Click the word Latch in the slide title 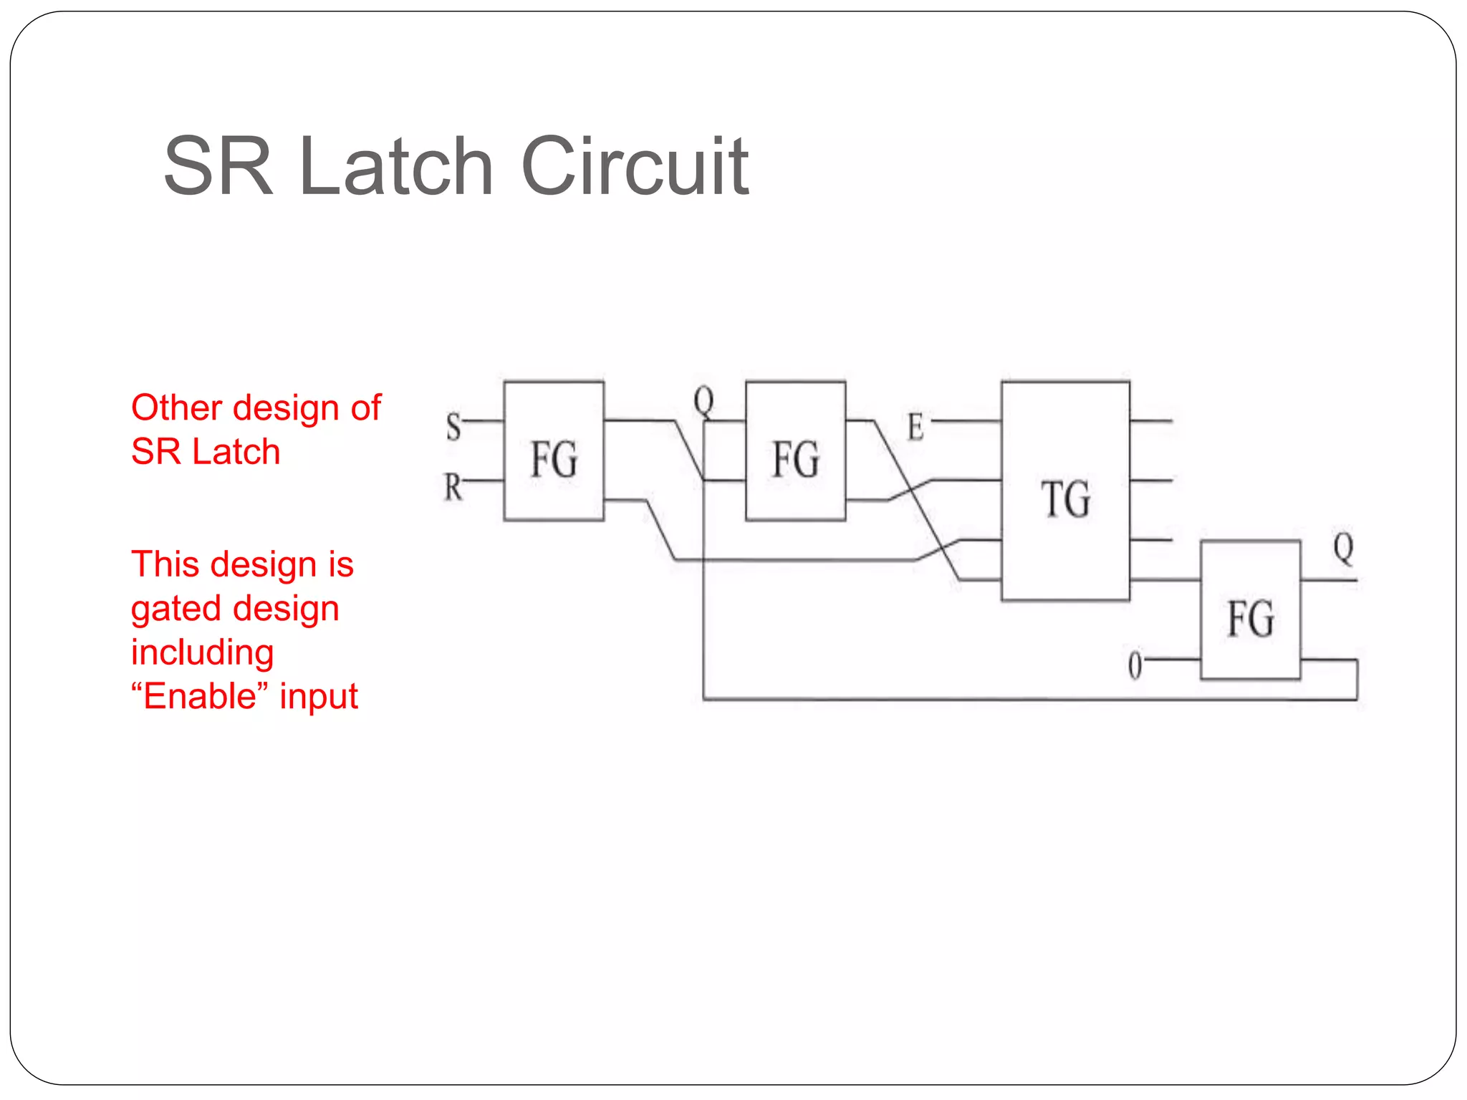(x=396, y=167)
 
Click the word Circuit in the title (x=635, y=167)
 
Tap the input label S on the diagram (x=453, y=427)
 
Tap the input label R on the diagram (x=453, y=488)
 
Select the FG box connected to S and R (x=554, y=451)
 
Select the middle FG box (x=795, y=451)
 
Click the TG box (x=1065, y=491)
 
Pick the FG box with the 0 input (x=1250, y=610)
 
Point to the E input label (x=915, y=428)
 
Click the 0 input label (x=1135, y=665)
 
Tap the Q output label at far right (x=1343, y=549)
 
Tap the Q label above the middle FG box (x=703, y=401)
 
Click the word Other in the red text (x=177, y=407)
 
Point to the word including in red (x=203, y=652)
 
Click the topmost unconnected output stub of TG (x=1151, y=421)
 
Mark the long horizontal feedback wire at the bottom (x=1024, y=699)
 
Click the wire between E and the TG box (x=966, y=421)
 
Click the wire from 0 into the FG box (x=1171, y=659)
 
